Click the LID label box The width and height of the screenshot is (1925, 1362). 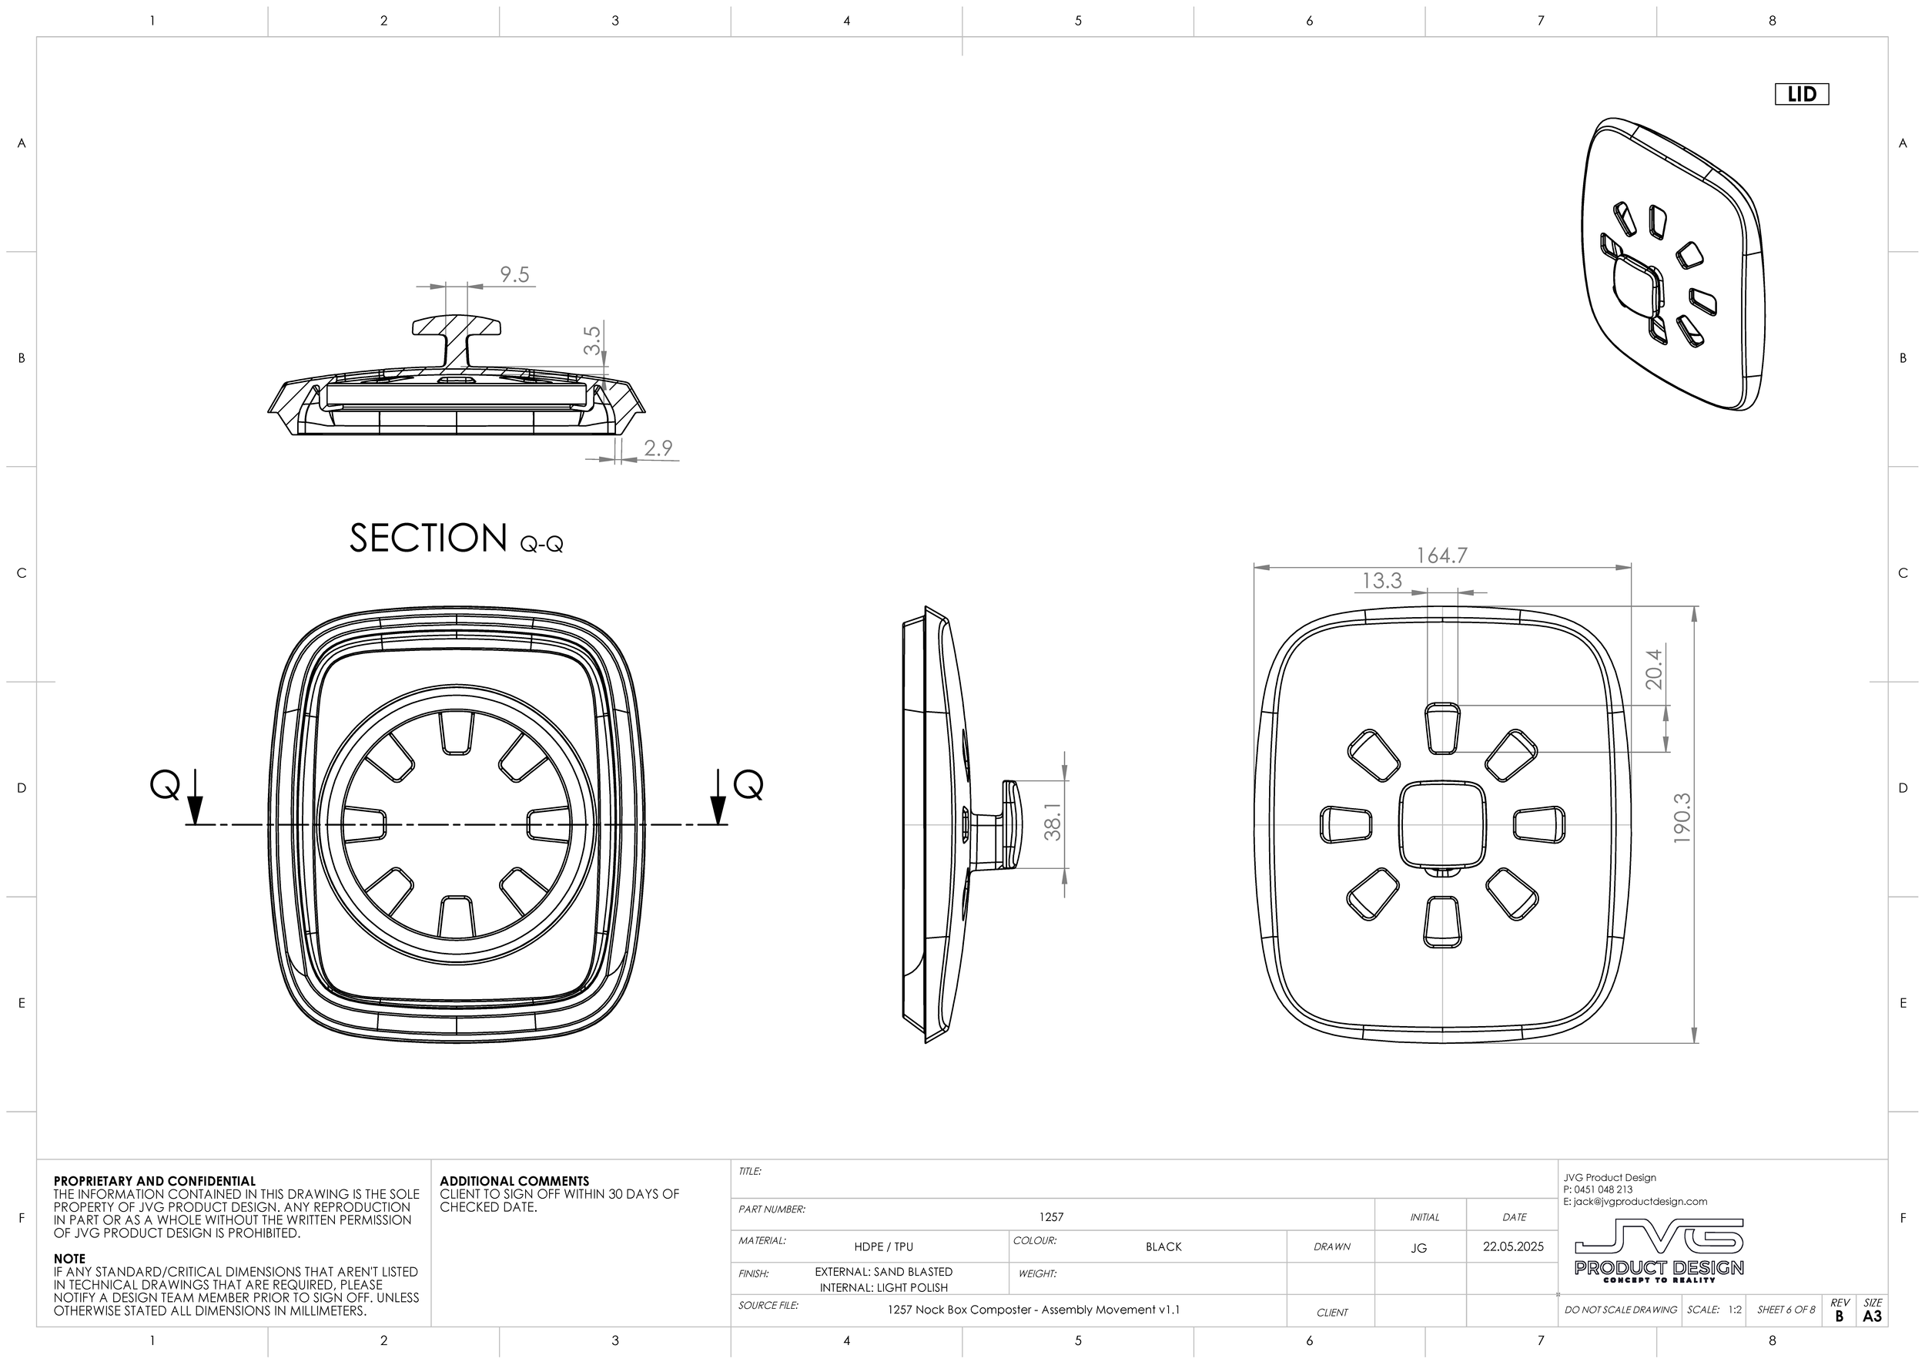tap(1801, 94)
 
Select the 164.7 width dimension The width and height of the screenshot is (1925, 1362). tap(1441, 555)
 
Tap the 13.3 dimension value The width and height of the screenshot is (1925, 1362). tap(1381, 580)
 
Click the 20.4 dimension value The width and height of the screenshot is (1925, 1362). tap(1654, 669)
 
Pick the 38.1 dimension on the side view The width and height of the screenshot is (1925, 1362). tap(1053, 822)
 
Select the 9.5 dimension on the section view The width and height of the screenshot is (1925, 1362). tap(514, 275)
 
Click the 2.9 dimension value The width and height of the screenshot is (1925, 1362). tap(658, 448)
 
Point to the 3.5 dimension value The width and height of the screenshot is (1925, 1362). tap(592, 340)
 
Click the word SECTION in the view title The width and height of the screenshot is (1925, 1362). tap(428, 538)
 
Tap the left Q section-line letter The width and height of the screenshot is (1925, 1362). tap(164, 786)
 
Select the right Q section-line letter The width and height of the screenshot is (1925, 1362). tap(748, 786)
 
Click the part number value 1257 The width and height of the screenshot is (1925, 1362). tap(1050, 1217)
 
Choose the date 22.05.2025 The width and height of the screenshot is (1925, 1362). tap(1512, 1246)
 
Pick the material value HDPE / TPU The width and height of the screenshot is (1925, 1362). tap(883, 1246)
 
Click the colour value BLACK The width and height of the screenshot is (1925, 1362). tap(1163, 1246)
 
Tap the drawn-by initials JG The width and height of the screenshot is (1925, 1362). tap(1418, 1248)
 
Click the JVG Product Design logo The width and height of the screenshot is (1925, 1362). tap(1659, 1250)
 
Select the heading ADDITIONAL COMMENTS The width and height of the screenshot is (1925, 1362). tap(514, 1181)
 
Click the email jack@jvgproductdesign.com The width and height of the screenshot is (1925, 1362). tap(1635, 1202)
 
